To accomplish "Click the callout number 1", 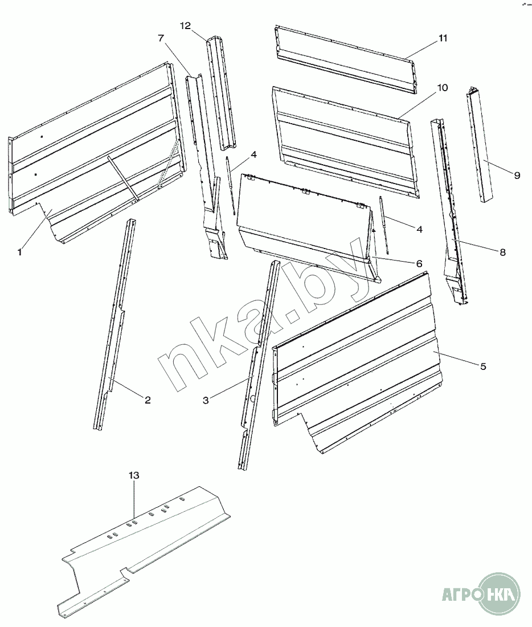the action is (x=19, y=253).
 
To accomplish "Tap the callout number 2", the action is (x=148, y=400).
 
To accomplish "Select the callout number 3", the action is (x=206, y=400).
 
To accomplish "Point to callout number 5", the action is (x=483, y=367).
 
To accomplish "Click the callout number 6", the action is (x=419, y=263).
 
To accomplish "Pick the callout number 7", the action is (x=161, y=38).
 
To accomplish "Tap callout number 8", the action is (x=502, y=253).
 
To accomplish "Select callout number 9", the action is (x=517, y=176).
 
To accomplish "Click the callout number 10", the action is (x=443, y=88).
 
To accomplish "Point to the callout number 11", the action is (x=443, y=38).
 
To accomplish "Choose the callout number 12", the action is (x=186, y=26).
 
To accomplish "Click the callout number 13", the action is (x=134, y=475).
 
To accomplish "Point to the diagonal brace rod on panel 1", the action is (x=122, y=178).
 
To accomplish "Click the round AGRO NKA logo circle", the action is (x=499, y=593).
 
